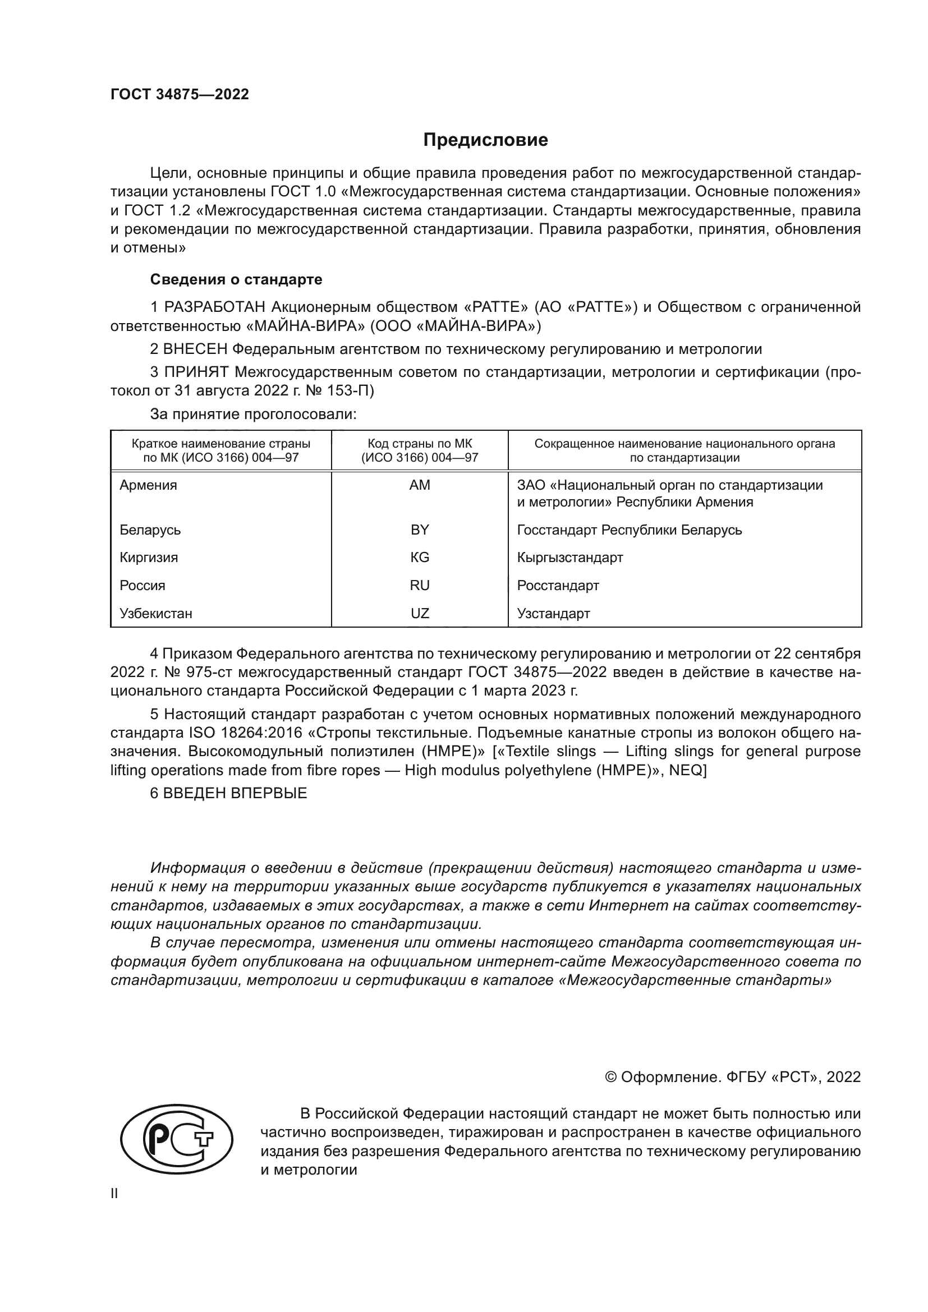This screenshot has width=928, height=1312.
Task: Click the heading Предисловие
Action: pyautogui.click(x=485, y=140)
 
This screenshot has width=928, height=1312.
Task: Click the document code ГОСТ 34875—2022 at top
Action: pyautogui.click(x=180, y=94)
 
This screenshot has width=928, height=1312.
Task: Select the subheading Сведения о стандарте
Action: pyautogui.click(x=236, y=279)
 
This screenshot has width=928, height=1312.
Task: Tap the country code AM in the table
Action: pyautogui.click(x=420, y=485)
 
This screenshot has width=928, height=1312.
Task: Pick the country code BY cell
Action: pyautogui.click(x=420, y=530)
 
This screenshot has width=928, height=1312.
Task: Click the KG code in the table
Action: pyautogui.click(x=420, y=557)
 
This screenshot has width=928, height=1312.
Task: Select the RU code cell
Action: pyautogui.click(x=420, y=585)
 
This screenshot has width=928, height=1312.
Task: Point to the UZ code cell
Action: pyautogui.click(x=420, y=613)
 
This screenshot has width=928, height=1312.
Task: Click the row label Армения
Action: pyautogui.click(x=148, y=485)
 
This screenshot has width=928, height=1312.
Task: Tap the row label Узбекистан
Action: pyautogui.click(x=155, y=613)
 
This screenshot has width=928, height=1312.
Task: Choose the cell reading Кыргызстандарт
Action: pyautogui.click(x=569, y=557)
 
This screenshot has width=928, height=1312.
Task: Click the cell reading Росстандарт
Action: pyautogui.click(x=558, y=585)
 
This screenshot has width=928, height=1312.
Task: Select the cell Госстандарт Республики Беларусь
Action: pyautogui.click(x=629, y=530)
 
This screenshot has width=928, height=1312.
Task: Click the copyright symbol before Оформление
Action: pyautogui.click(x=610, y=1077)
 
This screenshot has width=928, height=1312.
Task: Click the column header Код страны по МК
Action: pyautogui.click(x=420, y=444)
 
